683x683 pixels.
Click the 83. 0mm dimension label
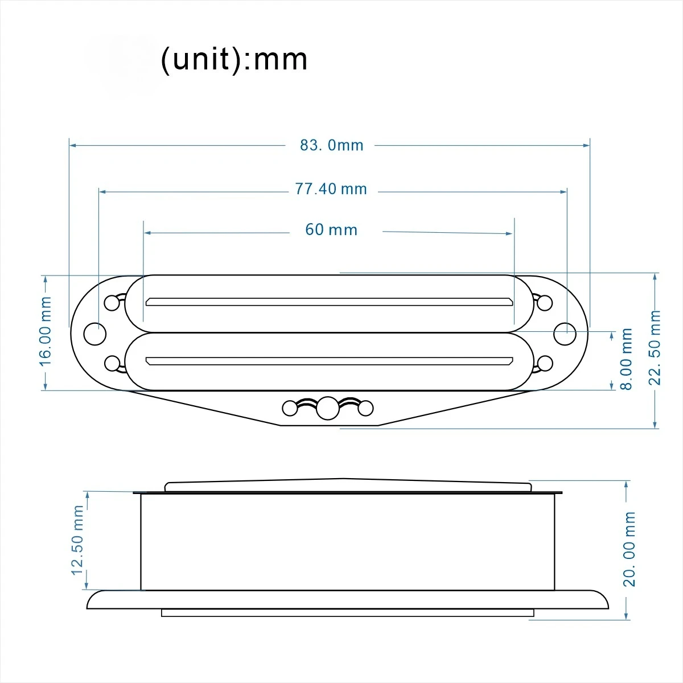(332, 145)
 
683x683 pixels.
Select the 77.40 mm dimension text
(331, 189)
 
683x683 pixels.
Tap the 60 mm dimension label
(331, 230)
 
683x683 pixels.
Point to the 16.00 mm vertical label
(46, 331)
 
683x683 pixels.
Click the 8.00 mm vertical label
(626, 359)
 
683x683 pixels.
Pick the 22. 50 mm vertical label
(655, 348)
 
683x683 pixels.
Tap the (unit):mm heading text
(234, 60)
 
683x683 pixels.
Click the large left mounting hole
(95, 334)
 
